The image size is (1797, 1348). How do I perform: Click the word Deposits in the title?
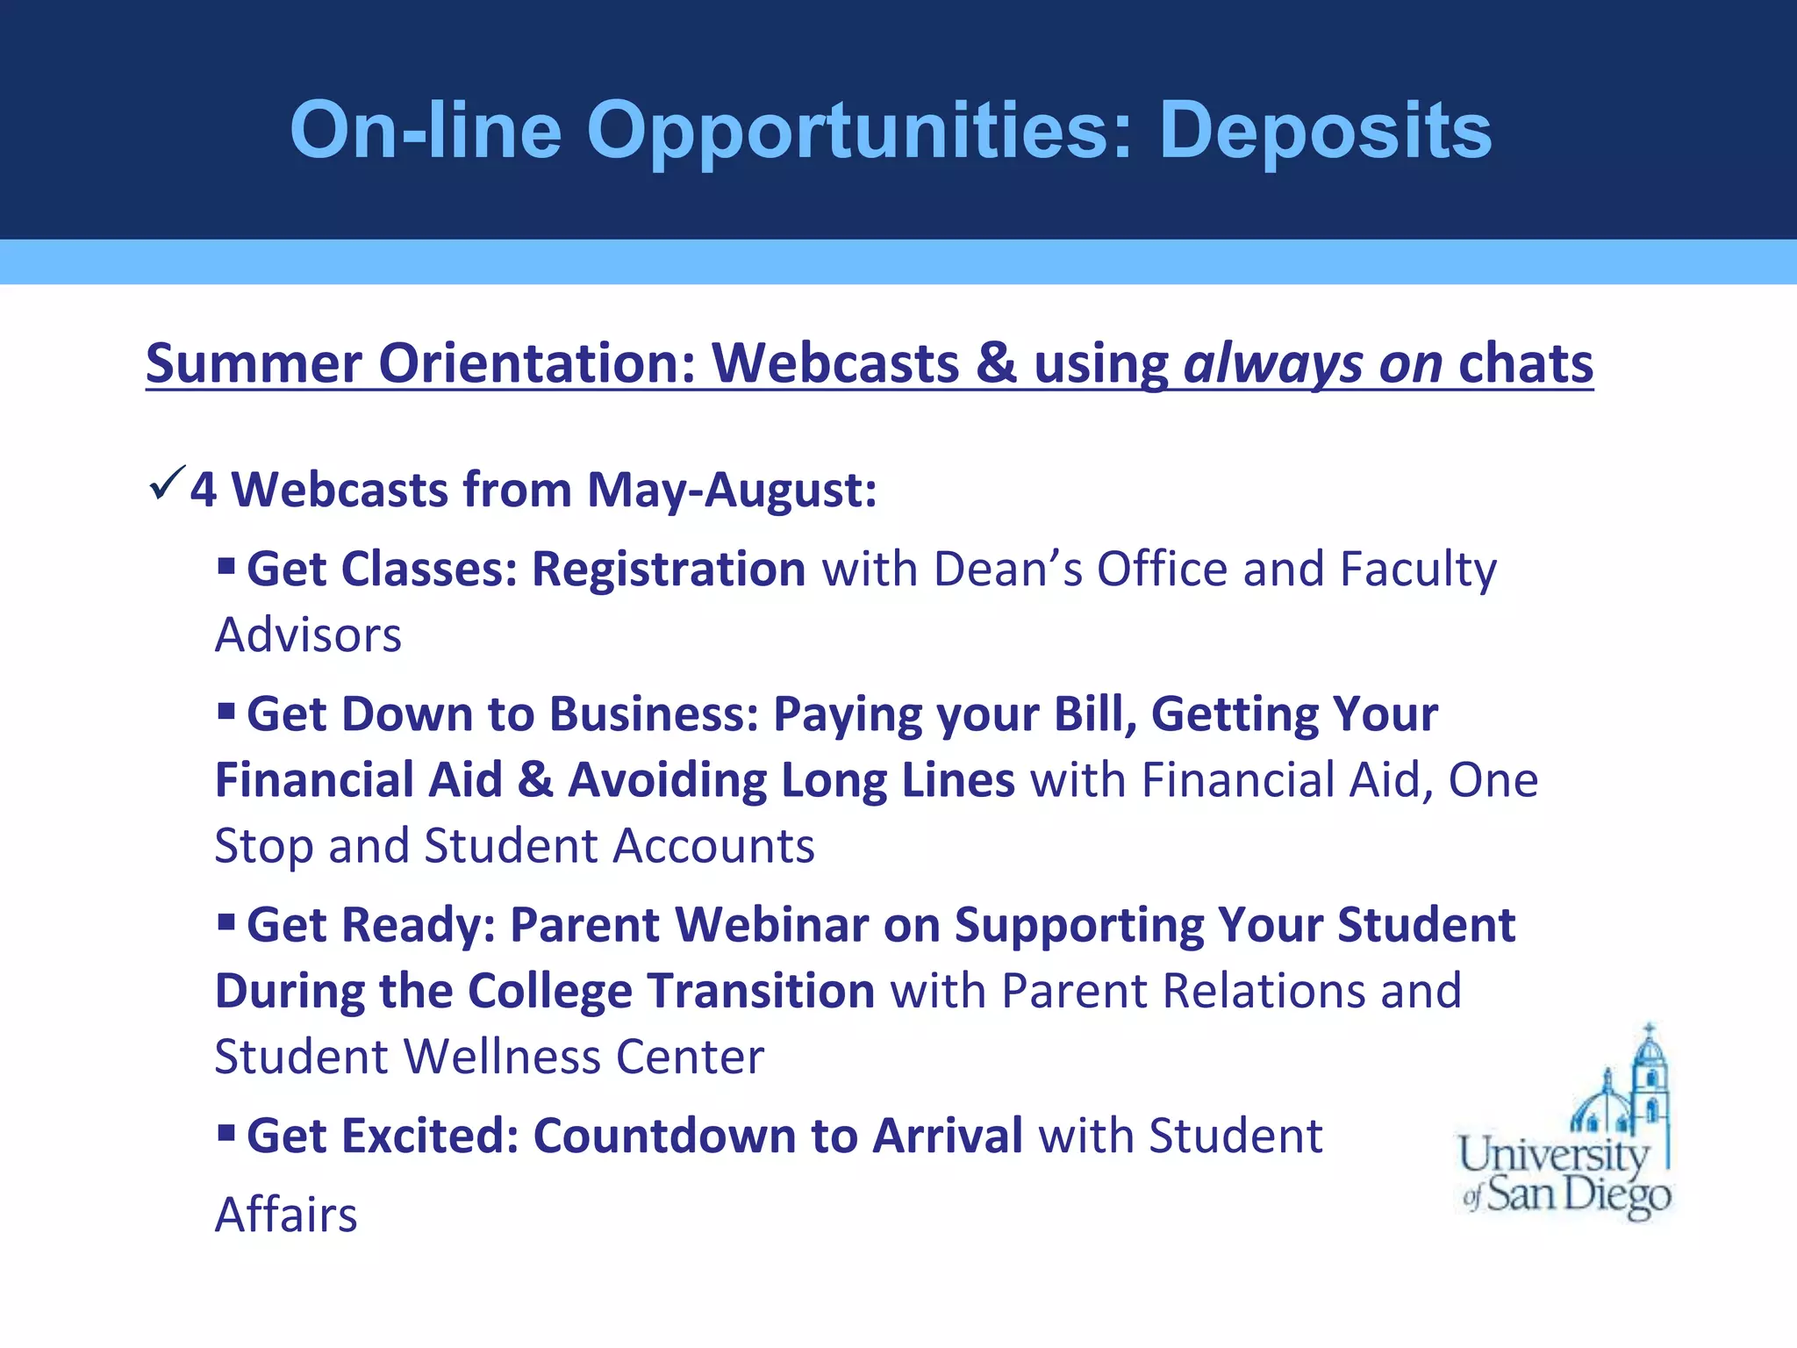point(1325,132)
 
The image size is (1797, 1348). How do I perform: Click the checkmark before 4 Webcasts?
point(167,483)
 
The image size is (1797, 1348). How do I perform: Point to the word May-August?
point(731,490)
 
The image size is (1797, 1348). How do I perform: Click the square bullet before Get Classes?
point(226,563)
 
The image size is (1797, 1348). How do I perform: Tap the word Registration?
point(669,569)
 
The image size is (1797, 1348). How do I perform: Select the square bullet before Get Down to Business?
point(226,708)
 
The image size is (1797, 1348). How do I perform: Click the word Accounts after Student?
point(713,846)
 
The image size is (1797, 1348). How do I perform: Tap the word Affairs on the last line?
point(286,1215)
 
